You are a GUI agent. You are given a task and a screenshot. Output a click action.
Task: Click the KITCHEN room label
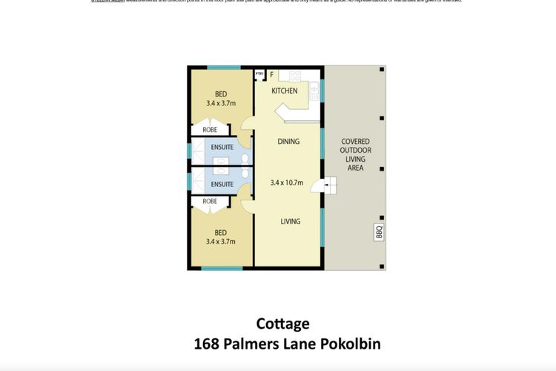[x=285, y=91]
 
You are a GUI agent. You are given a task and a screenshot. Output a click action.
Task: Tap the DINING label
[x=288, y=142]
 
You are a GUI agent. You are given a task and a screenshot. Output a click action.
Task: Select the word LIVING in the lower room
[x=289, y=220]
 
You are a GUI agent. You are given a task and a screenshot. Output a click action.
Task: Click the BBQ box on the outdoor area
[x=377, y=233]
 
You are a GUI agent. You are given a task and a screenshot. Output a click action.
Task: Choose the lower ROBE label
[x=210, y=201]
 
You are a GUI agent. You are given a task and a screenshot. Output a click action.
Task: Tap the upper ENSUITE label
[x=222, y=147]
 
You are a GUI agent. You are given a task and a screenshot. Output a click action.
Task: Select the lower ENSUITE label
[x=222, y=184]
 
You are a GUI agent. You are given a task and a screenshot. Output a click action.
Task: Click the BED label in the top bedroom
[x=221, y=94]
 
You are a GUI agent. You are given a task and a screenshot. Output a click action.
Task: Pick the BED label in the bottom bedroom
[x=221, y=232]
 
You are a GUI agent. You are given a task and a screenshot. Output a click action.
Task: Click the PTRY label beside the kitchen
[x=259, y=74]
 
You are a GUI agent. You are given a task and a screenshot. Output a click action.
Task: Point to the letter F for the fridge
[x=272, y=75]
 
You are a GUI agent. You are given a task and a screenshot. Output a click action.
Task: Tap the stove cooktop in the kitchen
[x=294, y=76]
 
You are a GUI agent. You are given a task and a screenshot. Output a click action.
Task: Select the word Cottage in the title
[x=282, y=324]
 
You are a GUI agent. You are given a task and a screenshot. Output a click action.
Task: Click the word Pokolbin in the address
[x=352, y=344]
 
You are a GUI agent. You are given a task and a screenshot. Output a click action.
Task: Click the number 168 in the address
[x=206, y=344]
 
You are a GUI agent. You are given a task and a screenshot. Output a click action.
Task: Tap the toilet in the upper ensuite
[x=244, y=157]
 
